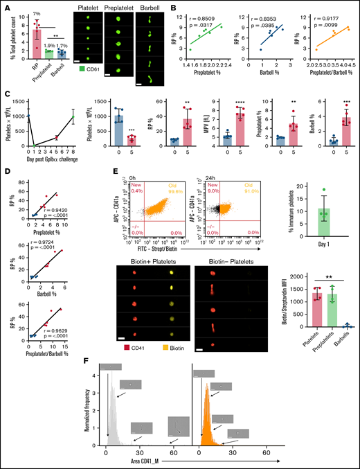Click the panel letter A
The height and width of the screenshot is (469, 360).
pos(5,6)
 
